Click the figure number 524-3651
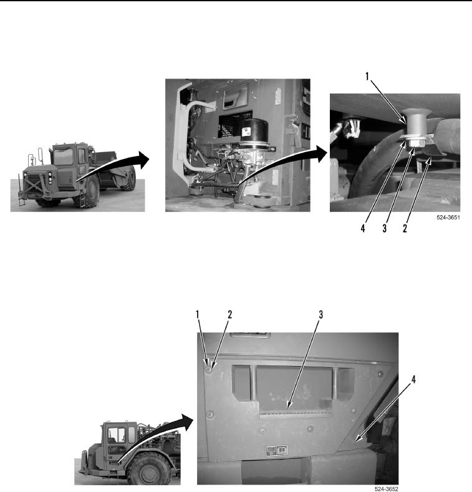tap(448, 218)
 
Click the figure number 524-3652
tap(387, 489)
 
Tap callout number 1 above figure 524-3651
tap(367, 76)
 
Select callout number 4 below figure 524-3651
tap(363, 228)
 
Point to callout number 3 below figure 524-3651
tap(385, 228)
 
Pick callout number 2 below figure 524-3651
tap(405, 228)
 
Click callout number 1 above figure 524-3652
tap(198, 314)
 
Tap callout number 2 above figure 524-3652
tap(229, 314)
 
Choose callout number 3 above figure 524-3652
tap(320, 314)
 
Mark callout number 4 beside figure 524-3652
tap(413, 380)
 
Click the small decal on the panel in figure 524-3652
tap(276, 451)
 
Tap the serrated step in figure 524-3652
tap(296, 413)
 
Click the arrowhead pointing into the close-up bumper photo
tap(322, 154)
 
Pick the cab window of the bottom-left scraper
tap(117, 435)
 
